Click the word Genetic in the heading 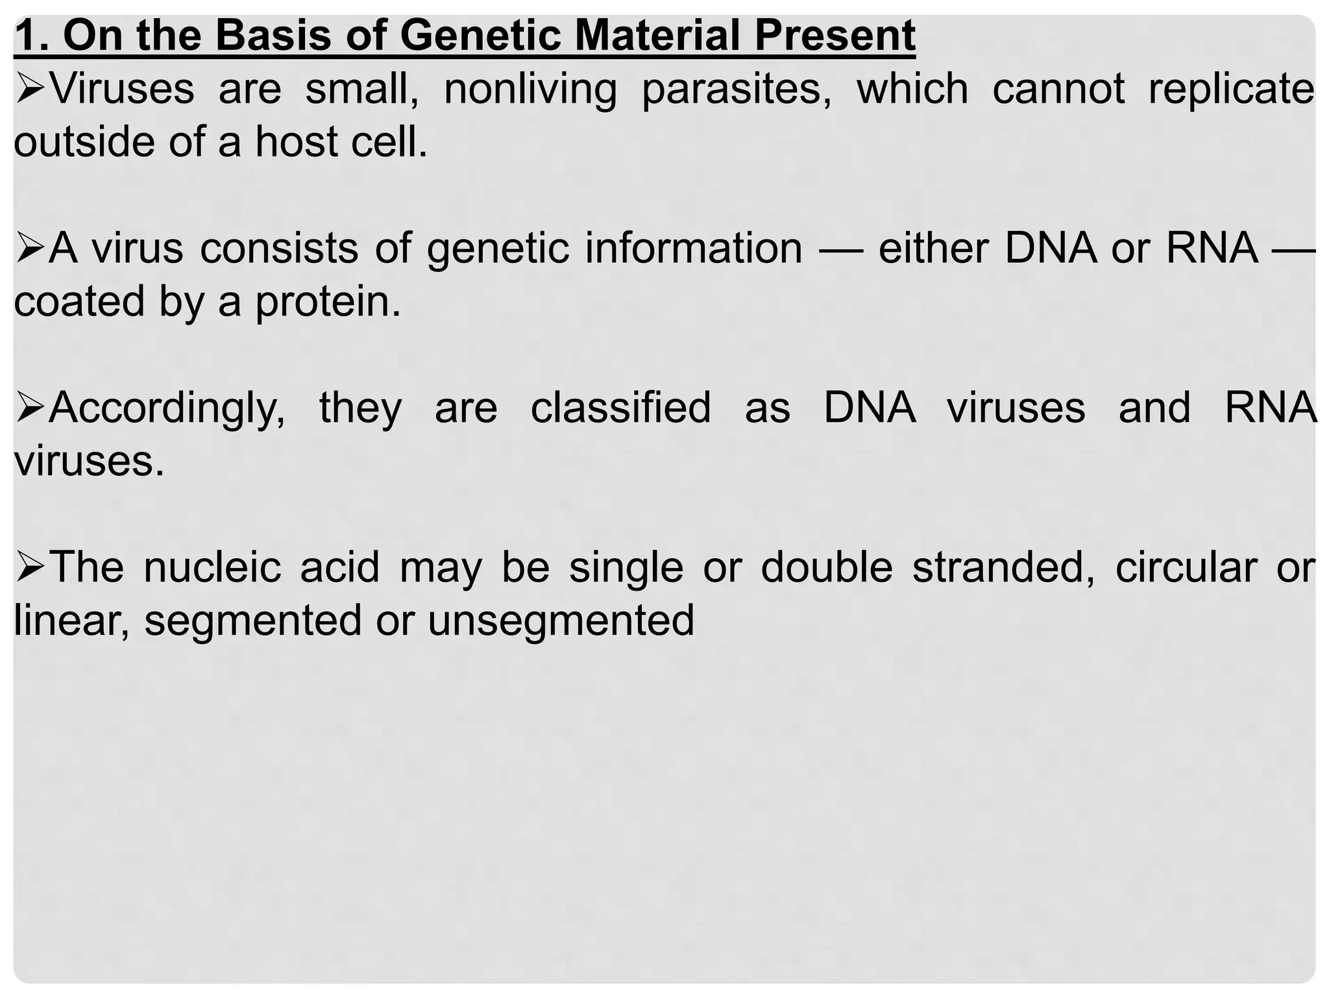[x=480, y=36]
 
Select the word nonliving [x=530, y=89]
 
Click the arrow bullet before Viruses [x=30, y=90]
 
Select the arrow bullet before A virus [x=30, y=249]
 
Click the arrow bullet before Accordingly [x=30, y=409]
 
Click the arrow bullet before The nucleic [x=30, y=568]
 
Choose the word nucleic [x=212, y=567]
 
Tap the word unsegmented [x=561, y=621]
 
